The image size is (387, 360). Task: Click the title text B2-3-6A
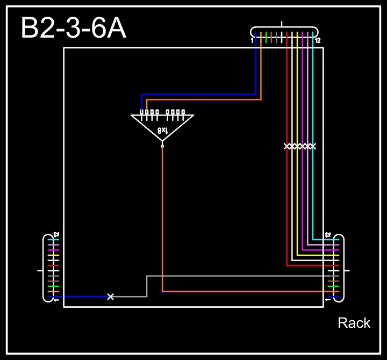click(x=73, y=29)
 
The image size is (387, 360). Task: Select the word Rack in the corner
click(x=354, y=323)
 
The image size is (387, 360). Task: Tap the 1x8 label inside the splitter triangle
click(x=162, y=130)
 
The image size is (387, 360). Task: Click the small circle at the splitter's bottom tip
click(x=162, y=146)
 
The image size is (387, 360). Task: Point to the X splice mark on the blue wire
click(x=111, y=297)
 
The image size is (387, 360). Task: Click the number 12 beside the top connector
click(x=318, y=40)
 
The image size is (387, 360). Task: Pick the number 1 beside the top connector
click(x=252, y=40)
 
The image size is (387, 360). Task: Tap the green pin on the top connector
click(x=266, y=37)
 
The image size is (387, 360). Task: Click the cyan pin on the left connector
click(x=53, y=240)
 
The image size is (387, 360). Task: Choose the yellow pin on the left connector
click(x=53, y=255)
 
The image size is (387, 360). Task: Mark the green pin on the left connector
click(x=53, y=286)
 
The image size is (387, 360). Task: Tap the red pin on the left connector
click(x=53, y=265)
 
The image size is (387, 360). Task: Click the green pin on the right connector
click(x=333, y=286)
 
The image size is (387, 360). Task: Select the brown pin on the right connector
click(x=333, y=281)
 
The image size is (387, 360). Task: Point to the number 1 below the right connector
click(x=327, y=299)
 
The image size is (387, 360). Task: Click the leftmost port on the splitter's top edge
click(x=141, y=112)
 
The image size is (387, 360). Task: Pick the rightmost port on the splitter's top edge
click(x=183, y=112)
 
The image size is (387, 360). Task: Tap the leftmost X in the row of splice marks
click(x=287, y=146)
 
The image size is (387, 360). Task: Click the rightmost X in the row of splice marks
click(x=313, y=146)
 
